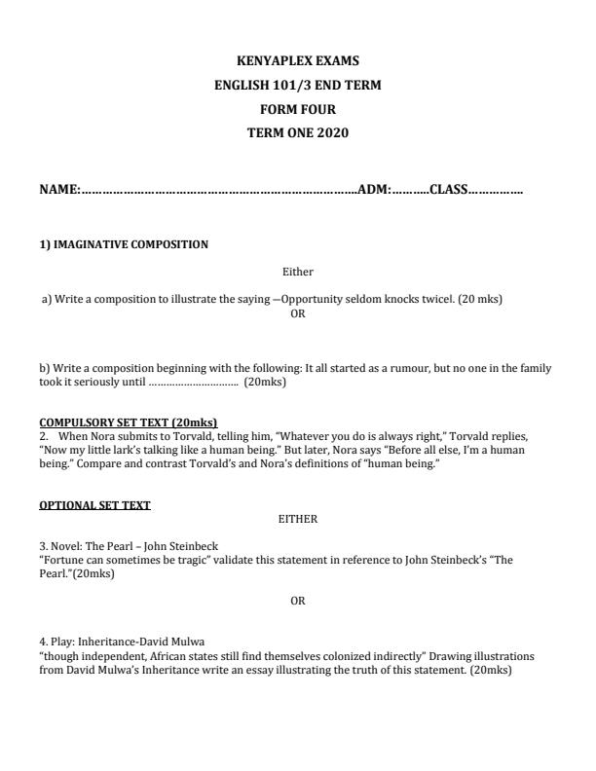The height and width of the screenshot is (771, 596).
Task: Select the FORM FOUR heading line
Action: (297, 109)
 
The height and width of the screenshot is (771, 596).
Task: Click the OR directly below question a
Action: (298, 312)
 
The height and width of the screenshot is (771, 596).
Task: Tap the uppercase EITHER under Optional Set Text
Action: (298, 519)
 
